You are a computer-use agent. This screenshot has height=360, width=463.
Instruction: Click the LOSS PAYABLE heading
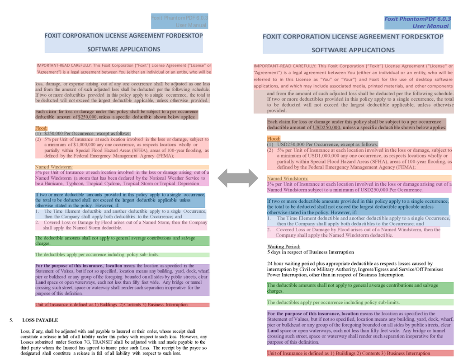point(40,320)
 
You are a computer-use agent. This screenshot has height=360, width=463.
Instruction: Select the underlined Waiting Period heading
point(283,246)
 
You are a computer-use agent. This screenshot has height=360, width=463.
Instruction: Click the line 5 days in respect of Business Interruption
point(310,252)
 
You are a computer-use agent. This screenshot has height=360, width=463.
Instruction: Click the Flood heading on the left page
point(42,128)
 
